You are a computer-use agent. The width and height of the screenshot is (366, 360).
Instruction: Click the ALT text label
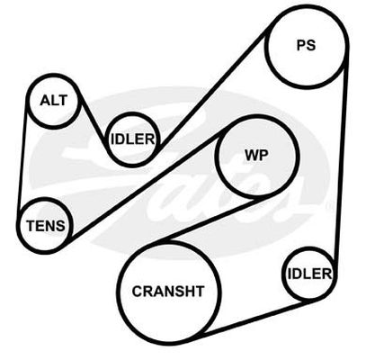pos(53,100)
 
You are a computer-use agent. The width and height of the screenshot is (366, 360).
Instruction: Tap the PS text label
pos(306,45)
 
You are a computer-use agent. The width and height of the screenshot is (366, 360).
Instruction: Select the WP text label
pos(256,155)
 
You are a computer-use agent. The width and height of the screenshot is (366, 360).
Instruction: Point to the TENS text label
pos(46,226)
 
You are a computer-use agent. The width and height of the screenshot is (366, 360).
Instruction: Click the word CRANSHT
pos(168,292)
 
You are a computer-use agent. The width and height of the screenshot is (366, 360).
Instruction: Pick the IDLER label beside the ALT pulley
pos(132,139)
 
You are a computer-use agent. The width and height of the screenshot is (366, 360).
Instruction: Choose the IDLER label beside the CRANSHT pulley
pos(309,274)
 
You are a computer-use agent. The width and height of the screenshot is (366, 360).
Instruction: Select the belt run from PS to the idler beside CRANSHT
pos(341,159)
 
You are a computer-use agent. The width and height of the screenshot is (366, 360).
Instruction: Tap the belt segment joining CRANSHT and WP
pos(211,219)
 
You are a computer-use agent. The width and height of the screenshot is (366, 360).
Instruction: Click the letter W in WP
pos(252,155)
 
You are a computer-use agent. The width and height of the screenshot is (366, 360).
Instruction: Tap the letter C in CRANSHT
pos(137,292)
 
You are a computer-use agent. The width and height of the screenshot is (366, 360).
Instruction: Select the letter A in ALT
pos(45,100)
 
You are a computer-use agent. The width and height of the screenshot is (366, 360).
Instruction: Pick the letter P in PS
pos(301,45)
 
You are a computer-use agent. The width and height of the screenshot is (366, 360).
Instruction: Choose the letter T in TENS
pos(31,226)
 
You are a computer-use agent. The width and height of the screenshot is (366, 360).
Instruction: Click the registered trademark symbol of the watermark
pos(329,206)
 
